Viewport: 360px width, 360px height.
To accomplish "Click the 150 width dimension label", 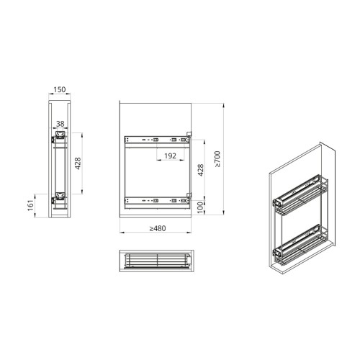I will click(x=59, y=90).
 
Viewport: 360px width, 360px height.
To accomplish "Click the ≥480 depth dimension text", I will click(x=158, y=229).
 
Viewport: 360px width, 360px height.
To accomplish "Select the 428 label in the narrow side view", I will click(x=76, y=165).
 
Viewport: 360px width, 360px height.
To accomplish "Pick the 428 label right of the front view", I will click(x=202, y=170).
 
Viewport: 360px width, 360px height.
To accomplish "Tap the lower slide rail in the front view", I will click(x=156, y=199).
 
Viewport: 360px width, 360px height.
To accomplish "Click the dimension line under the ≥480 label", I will click(x=158, y=234).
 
